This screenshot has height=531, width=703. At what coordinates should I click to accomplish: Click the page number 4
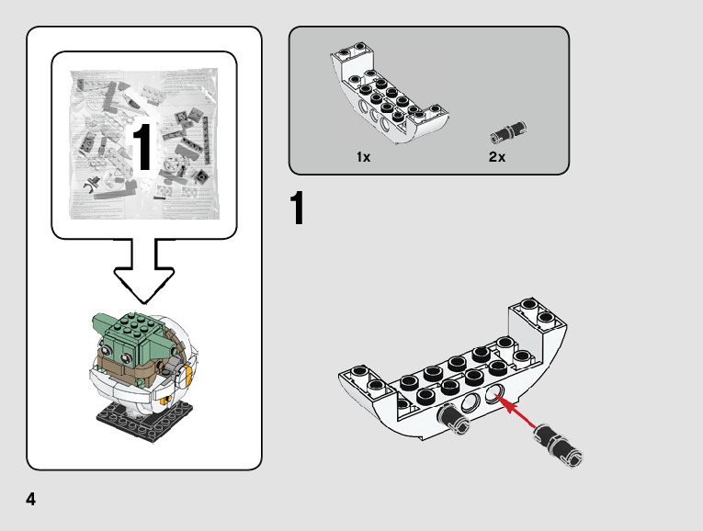click(x=31, y=500)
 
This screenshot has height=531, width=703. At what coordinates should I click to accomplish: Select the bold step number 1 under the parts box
click(x=298, y=209)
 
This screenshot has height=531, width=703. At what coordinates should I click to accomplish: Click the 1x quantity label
click(x=363, y=157)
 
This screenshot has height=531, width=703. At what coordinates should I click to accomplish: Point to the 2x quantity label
click(x=497, y=157)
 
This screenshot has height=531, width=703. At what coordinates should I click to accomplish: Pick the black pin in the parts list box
click(x=509, y=132)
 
